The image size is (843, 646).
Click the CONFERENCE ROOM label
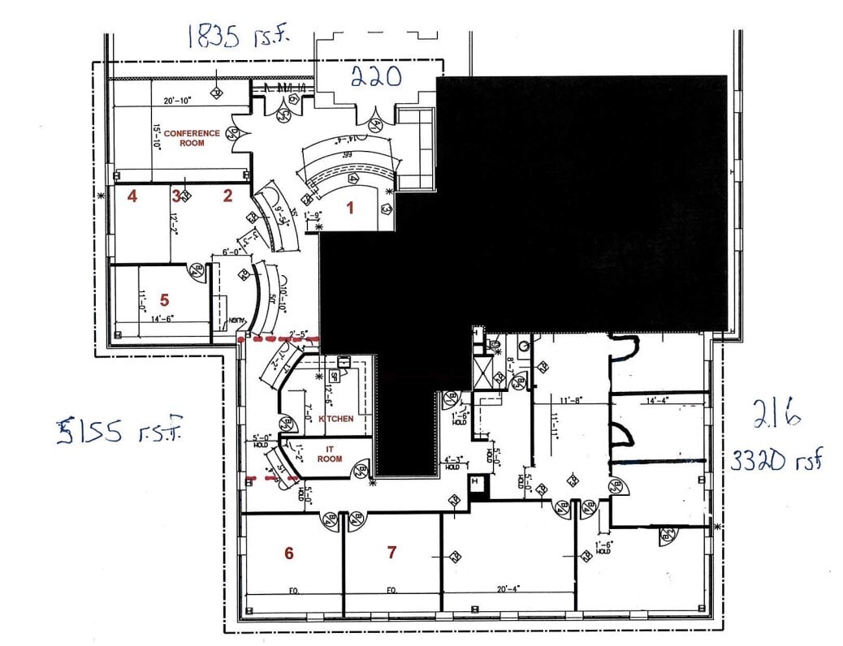coord(192,137)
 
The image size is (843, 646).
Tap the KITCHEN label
coord(335,419)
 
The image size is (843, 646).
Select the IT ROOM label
coord(331,454)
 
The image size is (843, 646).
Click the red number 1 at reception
coord(350,208)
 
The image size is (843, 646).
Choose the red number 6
coord(288,553)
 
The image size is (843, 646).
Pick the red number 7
coord(392,553)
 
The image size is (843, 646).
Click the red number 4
coord(131,196)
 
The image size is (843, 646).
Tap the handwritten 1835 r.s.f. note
coord(236,36)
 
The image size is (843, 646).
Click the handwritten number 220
coord(376,77)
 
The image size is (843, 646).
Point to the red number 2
coord(228,195)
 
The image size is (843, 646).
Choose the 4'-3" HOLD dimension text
coord(452,463)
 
